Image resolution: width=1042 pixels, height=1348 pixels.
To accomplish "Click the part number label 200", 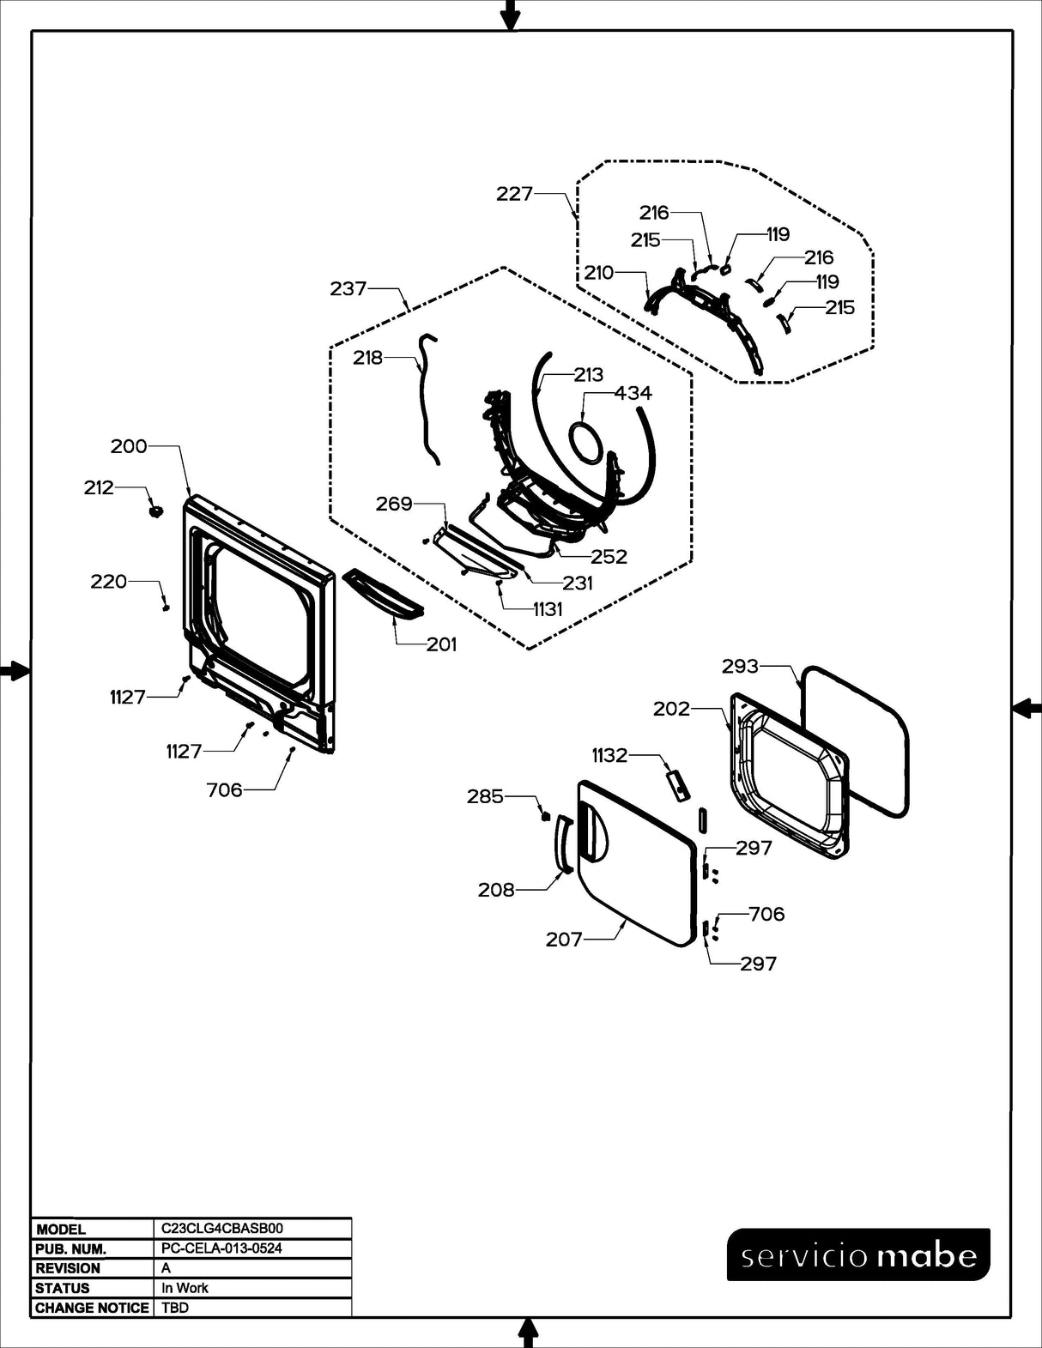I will (129, 446).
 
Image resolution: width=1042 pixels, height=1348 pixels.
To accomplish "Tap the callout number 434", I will (633, 393).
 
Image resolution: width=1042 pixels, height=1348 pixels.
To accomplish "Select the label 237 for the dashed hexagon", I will (348, 289).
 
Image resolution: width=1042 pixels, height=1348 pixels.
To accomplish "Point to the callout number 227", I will (515, 194).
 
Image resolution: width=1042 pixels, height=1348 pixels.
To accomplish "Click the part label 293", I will (740, 666).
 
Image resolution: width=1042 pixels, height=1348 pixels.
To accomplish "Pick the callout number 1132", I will (609, 755).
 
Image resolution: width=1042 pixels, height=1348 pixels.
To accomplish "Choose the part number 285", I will (485, 796).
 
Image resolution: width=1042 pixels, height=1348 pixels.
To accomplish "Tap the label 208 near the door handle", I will (496, 890).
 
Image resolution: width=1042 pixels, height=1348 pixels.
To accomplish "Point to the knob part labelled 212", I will (155, 511).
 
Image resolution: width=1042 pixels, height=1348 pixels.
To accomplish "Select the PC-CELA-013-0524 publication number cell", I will (221, 1248).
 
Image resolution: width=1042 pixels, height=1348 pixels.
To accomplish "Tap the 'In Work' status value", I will (185, 1288).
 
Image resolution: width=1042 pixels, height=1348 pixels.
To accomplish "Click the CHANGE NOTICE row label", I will (92, 1308).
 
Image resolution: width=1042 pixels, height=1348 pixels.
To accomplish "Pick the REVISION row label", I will (68, 1268).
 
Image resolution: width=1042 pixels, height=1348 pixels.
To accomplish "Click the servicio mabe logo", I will (858, 1254).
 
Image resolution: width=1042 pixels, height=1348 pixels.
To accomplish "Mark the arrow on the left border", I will (15, 671).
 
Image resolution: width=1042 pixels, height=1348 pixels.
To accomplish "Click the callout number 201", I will (442, 644).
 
